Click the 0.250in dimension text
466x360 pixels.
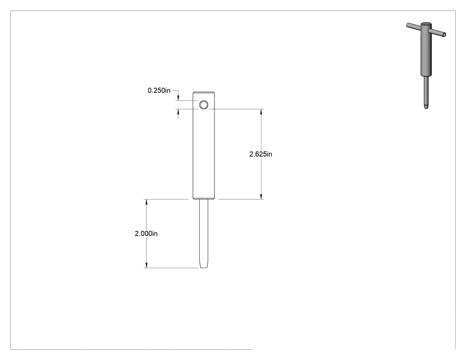159,91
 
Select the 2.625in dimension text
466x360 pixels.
261,154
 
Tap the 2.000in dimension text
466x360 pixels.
146,233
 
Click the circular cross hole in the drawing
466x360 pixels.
204,105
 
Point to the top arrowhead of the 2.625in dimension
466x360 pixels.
261,112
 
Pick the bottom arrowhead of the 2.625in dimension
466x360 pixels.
261,197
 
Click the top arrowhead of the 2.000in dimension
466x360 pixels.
146,202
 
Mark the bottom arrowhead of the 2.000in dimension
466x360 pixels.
146,265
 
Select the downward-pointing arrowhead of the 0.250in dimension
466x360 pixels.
178,98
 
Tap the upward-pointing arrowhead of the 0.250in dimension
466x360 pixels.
178,112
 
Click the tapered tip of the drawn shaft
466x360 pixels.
204,265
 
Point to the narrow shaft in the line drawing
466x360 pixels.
204,233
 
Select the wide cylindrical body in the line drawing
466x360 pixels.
204,145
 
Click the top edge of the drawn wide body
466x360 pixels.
204,92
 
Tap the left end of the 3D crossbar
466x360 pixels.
408,25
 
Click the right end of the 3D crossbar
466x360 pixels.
444,35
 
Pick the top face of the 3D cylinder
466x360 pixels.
426,24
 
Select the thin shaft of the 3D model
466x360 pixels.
426,91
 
